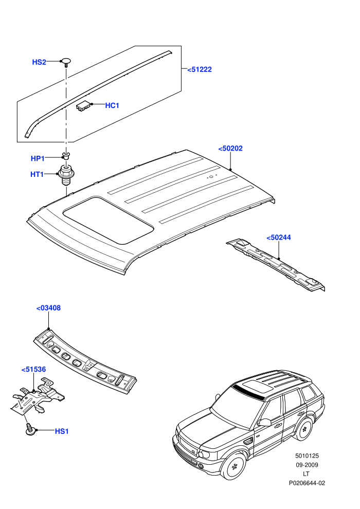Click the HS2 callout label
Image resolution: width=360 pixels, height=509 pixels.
point(39,62)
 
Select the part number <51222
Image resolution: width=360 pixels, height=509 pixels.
point(200,69)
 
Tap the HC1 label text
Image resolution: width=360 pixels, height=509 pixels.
point(112,105)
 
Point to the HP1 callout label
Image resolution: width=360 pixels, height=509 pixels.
point(38,158)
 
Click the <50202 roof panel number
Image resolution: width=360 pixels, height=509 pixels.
point(230,149)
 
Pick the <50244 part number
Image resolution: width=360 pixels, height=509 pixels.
point(279,238)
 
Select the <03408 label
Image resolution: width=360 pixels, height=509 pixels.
point(48,308)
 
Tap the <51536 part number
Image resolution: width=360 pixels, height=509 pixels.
point(33,370)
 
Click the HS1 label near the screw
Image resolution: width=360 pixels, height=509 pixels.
point(62,431)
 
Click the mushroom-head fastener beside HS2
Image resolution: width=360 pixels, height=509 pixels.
point(66,62)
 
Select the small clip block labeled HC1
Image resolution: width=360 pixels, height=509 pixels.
point(83,106)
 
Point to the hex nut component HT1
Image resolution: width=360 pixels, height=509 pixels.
point(66,175)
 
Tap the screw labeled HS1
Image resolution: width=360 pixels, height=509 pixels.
point(31,429)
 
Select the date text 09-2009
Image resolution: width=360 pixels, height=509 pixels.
point(307,465)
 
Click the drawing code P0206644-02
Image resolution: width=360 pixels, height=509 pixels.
point(307,483)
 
